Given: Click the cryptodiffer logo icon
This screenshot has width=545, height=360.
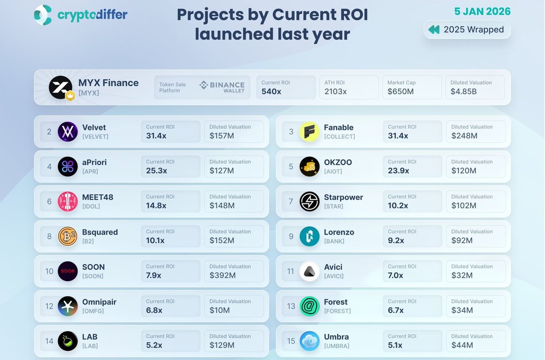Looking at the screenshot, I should (43, 15).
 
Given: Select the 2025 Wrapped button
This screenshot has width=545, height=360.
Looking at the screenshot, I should (467, 30).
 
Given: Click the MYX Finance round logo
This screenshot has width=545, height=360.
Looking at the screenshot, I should (60, 87).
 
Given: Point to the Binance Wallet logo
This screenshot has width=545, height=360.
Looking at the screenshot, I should (223, 87).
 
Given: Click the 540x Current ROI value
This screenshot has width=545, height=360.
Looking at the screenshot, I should (271, 92).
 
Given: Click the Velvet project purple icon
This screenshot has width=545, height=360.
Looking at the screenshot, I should (68, 132).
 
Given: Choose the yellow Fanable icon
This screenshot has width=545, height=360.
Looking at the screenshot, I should (309, 132).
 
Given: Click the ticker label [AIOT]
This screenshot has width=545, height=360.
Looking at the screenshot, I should (333, 172).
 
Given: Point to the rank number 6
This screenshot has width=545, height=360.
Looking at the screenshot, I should (50, 202).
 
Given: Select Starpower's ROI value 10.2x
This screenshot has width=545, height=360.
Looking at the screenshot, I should (399, 206).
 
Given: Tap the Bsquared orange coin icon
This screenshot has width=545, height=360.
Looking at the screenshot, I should (68, 237).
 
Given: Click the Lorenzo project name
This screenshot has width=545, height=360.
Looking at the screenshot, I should (339, 232).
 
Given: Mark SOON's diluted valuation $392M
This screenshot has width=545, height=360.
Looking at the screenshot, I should (223, 275).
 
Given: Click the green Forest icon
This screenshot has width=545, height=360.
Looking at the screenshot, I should (309, 306).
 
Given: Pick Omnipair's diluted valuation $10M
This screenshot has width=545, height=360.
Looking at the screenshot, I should (219, 310).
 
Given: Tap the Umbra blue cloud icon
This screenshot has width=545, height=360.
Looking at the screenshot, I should (309, 341).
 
